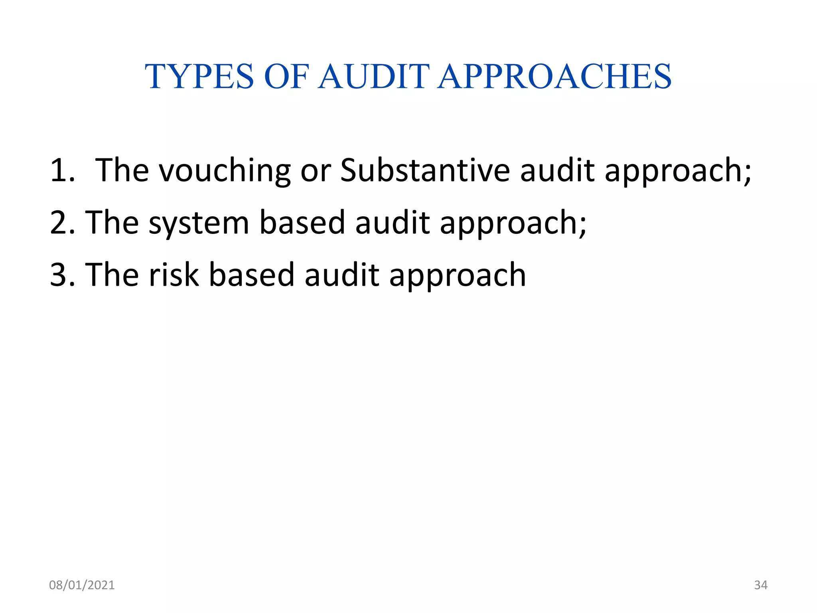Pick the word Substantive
(x=425, y=170)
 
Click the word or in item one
(x=316, y=170)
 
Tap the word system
(x=199, y=223)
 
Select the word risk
(x=174, y=275)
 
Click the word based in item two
(x=302, y=223)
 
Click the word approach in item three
(x=458, y=275)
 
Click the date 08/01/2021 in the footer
(x=82, y=585)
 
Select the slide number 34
(x=761, y=585)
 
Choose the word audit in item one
(x=557, y=170)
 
